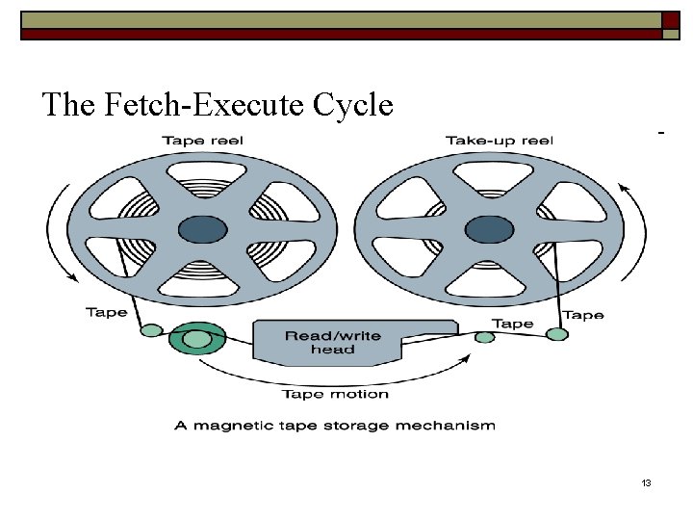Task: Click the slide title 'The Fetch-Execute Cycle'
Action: coord(218,104)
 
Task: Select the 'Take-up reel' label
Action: coord(499,141)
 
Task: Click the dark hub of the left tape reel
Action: coord(203,229)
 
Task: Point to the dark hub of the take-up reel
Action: coord(489,229)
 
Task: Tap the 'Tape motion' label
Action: coord(335,393)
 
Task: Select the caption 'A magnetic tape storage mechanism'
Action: coord(335,425)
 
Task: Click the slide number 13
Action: coord(646,482)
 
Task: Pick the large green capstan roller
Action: coord(197,339)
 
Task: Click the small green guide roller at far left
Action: coord(151,330)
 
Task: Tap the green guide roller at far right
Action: coord(557,334)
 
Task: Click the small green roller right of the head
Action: coord(485,336)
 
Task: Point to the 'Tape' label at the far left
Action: coord(106,312)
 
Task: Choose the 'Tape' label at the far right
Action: coord(583,315)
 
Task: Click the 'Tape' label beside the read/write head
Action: coord(512,324)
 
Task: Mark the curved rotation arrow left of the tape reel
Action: coord(56,231)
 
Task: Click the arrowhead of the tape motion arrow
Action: coord(468,358)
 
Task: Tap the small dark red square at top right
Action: coord(671,20)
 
